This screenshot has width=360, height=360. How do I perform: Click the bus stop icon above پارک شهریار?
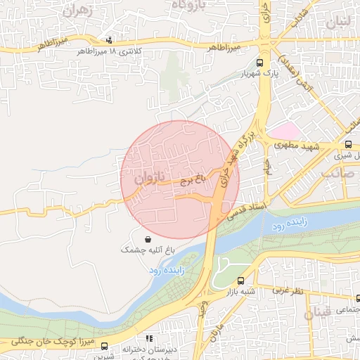click(x=260, y=63)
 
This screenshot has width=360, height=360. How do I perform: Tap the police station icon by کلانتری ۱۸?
click(x=108, y=41)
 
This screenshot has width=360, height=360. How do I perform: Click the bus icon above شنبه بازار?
click(x=241, y=280)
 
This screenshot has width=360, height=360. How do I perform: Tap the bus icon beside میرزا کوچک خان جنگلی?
click(x=105, y=346)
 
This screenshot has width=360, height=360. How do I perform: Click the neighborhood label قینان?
click(x=319, y=313)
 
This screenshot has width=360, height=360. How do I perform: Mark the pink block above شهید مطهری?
click(x=283, y=131)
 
